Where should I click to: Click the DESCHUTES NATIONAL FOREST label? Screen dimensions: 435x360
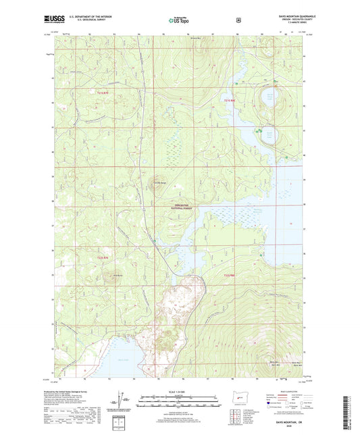184,207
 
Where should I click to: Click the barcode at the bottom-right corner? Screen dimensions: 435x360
350,409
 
